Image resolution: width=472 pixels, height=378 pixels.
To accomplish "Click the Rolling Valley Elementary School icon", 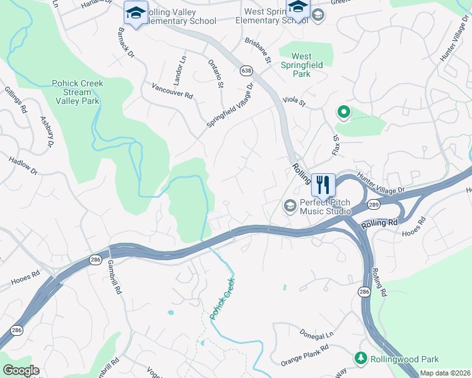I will click(135, 13).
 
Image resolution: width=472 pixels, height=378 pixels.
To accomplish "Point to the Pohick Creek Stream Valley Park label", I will click(77, 92).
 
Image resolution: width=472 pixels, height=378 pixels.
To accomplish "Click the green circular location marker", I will click(344, 113).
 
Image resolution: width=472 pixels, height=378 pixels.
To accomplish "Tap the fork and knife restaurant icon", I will click(322, 185).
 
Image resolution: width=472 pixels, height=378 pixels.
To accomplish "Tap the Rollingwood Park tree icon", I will click(361, 358).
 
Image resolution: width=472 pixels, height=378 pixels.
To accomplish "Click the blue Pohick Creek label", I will click(222, 299).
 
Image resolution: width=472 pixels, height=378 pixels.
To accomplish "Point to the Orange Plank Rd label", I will click(305, 355).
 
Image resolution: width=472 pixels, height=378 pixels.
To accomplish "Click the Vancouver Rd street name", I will click(172, 90).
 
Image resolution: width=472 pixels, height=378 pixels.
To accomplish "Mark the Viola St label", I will click(294, 100).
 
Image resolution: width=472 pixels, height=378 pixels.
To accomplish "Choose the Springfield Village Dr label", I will click(231, 105).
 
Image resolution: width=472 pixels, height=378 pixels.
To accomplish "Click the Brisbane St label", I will click(257, 50).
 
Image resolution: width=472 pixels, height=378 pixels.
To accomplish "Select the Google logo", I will click(21, 370).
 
